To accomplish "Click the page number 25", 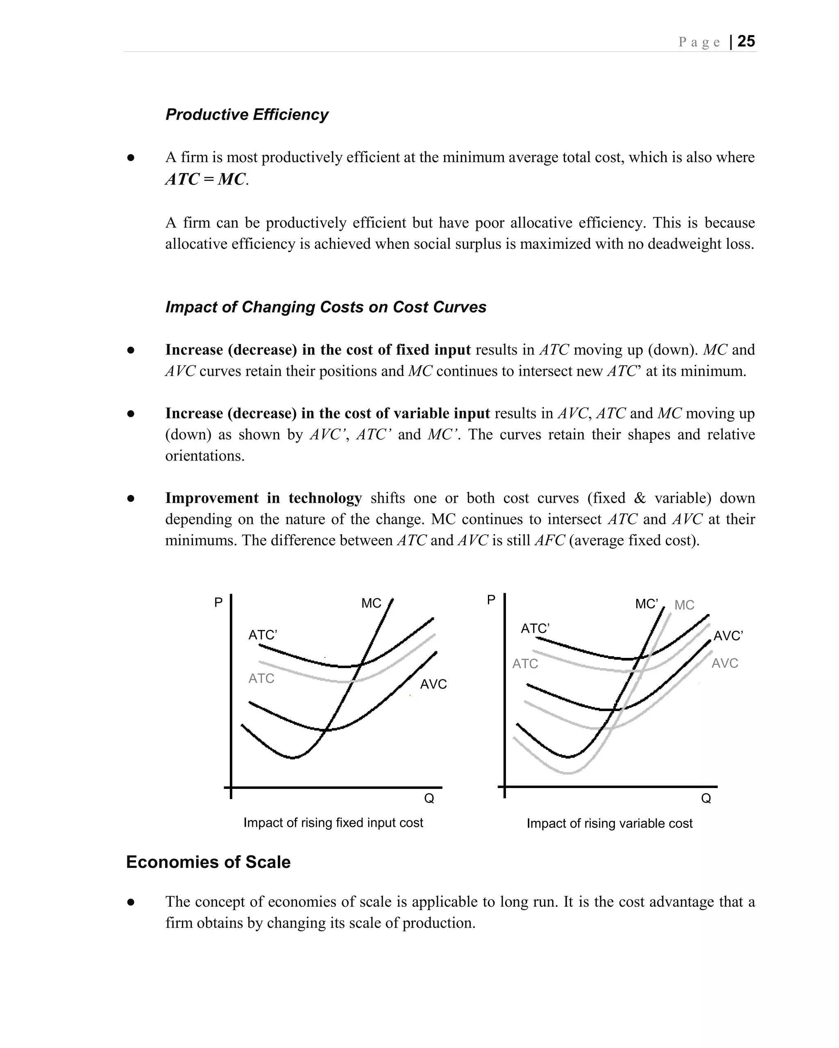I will (x=746, y=41).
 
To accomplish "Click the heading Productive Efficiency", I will (x=247, y=115).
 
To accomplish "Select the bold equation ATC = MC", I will (x=206, y=179).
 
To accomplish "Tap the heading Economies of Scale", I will (x=208, y=862).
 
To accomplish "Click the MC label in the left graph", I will (x=371, y=603).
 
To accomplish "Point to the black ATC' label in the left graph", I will (x=263, y=635).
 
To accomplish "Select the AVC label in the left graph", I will (x=433, y=684).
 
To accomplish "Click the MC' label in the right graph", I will (x=646, y=604).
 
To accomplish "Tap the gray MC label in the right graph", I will (x=684, y=605).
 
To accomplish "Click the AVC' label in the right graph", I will (x=728, y=636).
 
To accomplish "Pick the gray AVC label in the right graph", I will (x=725, y=663).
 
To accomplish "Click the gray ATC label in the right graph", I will (x=525, y=664).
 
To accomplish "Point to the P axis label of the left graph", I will (x=218, y=602).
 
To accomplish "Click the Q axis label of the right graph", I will (x=706, y=798).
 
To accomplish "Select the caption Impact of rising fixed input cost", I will (x=333, y=822).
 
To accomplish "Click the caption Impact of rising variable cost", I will (x=610, y=823).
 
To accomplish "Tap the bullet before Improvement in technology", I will (x=130, y=499).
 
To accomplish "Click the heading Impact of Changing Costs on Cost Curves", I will (x=325, y=307).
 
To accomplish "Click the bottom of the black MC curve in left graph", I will (x=293, y=757).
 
